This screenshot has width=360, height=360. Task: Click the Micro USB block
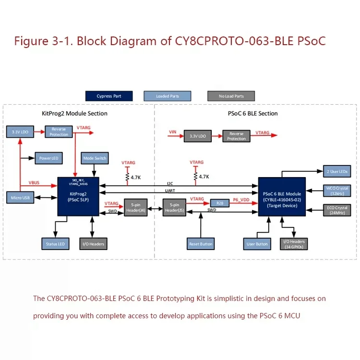click(20, 198)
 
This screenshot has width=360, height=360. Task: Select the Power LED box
click(48, 158)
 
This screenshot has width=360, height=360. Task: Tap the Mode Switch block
click(95, 158)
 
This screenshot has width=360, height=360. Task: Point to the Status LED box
click(55, 244)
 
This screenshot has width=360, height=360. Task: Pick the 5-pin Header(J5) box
click(174, 207)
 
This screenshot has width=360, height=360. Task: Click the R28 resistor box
click(219, 203)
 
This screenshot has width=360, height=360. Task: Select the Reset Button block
click(201, 244)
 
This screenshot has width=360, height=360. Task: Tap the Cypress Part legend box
click(108, 96)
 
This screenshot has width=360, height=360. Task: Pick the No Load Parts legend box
click(231, 96)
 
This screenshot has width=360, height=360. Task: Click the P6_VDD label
click(242, 199)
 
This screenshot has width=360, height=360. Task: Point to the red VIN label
click(173, 131)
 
